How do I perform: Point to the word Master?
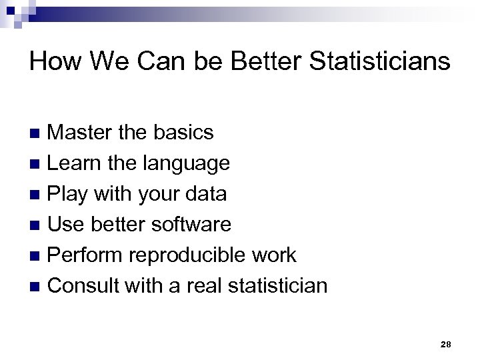(79, 132)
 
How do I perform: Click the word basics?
(183, 132)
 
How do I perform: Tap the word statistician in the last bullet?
(279, 286)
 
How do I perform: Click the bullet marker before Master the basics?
(37, 133)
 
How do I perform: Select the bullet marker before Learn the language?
(37, 164)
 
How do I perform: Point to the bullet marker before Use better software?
(37, 225)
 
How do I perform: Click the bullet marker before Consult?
(37, 287)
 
